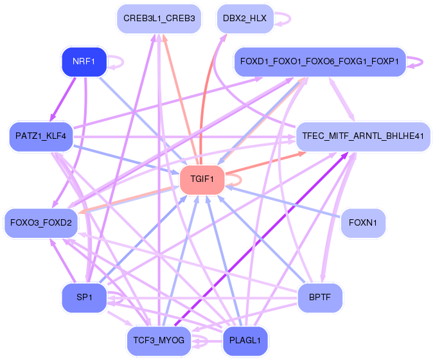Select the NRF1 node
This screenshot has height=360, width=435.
click(83, 62)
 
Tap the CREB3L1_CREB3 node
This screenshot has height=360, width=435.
click(159, 19)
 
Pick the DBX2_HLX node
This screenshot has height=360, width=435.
click(245, 19)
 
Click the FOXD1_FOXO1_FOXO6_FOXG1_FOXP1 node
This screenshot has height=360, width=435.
click(319, 62)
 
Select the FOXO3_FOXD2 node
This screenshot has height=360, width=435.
click(40, 223)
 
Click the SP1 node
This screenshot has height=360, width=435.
click(84, 298)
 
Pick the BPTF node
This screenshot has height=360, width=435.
click(320, 298)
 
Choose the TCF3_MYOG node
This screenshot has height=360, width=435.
click(157, 341)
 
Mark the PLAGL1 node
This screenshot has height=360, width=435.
click(245, 341)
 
